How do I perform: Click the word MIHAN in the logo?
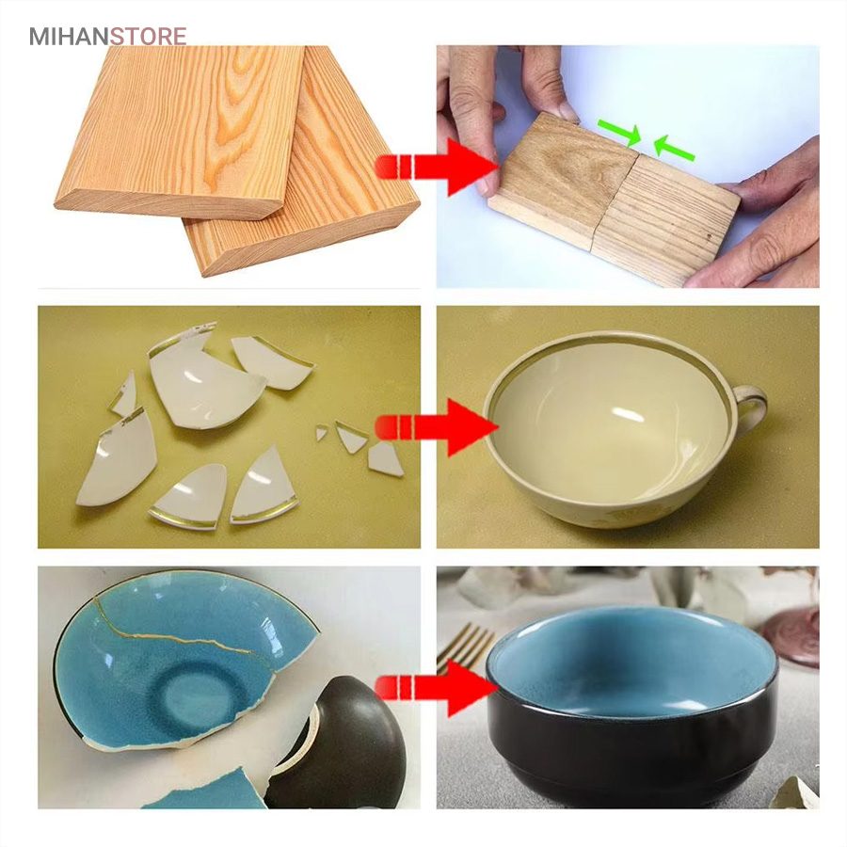69,36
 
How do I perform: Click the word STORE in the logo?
149,36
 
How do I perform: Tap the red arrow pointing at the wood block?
437,167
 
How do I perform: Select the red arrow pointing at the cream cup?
437,427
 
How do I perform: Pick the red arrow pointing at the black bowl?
437,688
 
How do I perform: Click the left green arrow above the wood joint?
619,133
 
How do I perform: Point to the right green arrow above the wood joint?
674,148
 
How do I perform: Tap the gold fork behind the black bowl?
466,647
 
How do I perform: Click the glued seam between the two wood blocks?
615,202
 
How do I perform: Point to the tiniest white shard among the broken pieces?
322,433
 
